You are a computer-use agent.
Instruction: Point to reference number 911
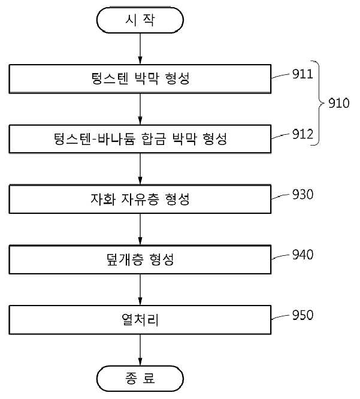pyautogui.click(x=302, y=74)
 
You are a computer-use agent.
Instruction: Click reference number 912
pyautogui.click(x=302, y=134)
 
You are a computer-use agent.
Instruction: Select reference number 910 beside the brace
pyautogui.click(x=338, y=103)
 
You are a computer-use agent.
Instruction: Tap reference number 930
pyautogui.click(x=302, y=195)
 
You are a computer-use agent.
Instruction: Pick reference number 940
pyautogui.click(x=302, y=255)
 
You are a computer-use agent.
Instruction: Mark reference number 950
pyautogui.click(x=302, y=315)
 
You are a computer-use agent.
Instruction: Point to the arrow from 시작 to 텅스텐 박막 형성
pyautogui.click(x=140, y=49)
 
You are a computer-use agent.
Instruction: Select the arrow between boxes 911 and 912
pyautogui.click(x=140, y=109)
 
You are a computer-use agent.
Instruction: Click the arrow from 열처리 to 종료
pyautogui.click(x=140, y=350)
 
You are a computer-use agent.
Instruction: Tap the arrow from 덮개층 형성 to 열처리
pyautogui.click(x=140, y=289)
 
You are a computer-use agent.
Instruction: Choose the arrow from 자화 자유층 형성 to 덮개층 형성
pyautogui.click(x=140, y=229)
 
